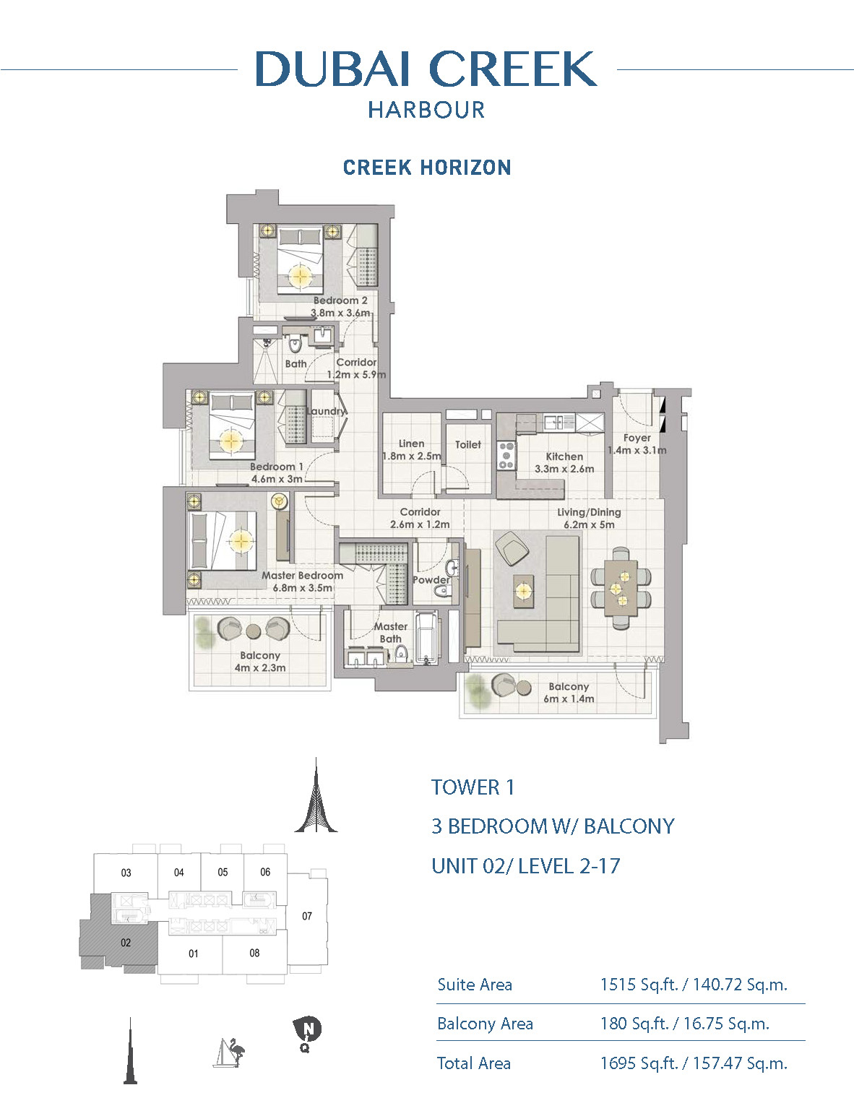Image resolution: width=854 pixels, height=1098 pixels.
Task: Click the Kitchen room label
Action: [x=564, y=457]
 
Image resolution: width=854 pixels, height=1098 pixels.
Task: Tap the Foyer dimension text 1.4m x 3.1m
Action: [x=637, y=450]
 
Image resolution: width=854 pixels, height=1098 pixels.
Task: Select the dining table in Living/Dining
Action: [x=621, y=588]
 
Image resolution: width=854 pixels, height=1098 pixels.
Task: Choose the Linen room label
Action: [x=411, y=444]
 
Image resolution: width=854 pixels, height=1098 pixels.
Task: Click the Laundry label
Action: [x=326, y=411]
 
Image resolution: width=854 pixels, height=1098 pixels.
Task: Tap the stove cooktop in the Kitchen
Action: [x=506, y=455]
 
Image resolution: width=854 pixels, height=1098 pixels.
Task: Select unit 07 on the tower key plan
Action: [x=307, y=916]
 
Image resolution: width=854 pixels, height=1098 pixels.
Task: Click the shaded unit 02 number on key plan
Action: [x=126, y=943]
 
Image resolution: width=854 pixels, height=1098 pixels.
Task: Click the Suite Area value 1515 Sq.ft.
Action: [x=639, y=985]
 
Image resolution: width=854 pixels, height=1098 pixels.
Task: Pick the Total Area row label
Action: [x=474, y=1063]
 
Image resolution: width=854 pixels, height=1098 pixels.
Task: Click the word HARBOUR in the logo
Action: [x=426, y=110]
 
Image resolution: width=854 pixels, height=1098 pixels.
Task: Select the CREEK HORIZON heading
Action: [x=427, y=168]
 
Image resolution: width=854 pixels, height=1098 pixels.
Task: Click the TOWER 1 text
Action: [x=473, y=788]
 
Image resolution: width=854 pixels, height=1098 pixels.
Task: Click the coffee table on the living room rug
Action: [x=524, y=591]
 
